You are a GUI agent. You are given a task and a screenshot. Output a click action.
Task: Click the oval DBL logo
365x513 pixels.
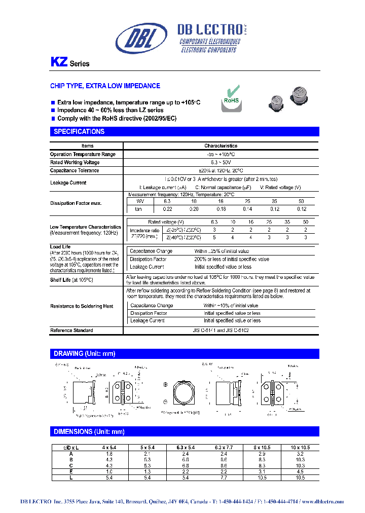[x=141, y=39]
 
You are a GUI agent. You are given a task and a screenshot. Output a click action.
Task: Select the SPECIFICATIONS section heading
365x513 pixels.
[x=79, y=132]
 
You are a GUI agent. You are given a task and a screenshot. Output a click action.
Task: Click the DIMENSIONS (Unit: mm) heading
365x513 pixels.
[x=89, y=431]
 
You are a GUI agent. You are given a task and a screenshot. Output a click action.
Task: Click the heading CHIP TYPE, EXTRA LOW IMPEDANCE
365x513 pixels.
[x=105, y=86]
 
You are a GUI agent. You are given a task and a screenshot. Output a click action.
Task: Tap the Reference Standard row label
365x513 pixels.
[x=71, y=331]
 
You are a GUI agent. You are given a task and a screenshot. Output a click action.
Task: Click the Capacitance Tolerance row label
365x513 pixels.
[x=75, y=170]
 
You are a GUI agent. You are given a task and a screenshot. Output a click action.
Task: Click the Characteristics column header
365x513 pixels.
[x=221, y=145]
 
